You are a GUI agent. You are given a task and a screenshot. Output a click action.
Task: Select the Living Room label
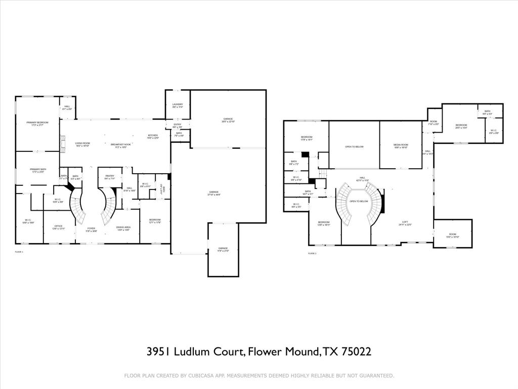[82, 144]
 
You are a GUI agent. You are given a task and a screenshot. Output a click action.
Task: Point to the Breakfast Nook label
[121, 144]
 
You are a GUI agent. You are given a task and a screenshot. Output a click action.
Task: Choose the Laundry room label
[177, 105]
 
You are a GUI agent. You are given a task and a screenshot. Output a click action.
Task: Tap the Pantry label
[110, 177]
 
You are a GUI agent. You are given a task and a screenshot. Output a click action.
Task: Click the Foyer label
[91, 229]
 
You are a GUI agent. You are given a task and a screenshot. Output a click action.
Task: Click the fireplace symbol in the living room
[63, 145]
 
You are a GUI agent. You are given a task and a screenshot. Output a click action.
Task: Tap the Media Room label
[401, 146]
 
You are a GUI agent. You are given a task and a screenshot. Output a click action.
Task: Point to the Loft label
[405, 222]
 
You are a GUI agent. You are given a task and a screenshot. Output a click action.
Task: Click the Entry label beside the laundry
[178, 125]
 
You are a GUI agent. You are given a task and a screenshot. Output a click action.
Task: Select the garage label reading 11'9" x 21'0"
[223, 249]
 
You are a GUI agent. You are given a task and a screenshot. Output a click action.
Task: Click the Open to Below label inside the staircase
[358, 202]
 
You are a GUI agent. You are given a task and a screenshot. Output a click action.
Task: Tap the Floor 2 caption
[312, 253]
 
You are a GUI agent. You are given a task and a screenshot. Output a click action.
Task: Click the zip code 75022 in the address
[354, 352]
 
